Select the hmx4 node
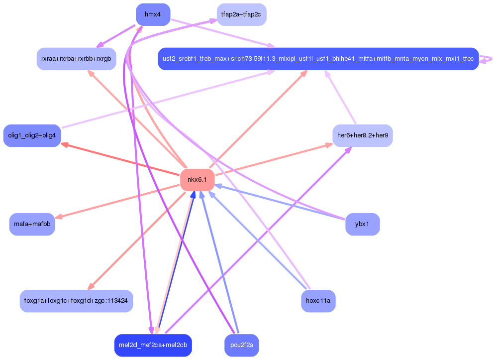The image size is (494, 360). [x=153, y=14]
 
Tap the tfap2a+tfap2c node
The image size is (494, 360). [x=241, y=14]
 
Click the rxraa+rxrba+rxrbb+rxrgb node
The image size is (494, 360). [x=76, y=59]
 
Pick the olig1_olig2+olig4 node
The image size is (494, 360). [x=32, y=135]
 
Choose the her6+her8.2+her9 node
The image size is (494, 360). [x=362, y=135]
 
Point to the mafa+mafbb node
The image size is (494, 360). [x=32, y=224]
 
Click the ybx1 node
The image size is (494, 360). [x=362, y=224]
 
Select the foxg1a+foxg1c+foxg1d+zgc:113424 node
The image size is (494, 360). [x=76, y=301]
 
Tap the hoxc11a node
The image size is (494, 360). [x=318, y=301]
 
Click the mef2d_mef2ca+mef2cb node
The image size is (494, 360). [x=153, y=345]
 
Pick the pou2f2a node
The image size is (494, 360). [x=241, y=345]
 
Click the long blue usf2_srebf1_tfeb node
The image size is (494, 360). [x=318, y=59]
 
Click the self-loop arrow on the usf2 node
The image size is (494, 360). [x=487, y=59]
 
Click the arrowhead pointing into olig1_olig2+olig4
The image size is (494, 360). [x=64, y=144]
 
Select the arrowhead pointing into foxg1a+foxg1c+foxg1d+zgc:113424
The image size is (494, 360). [x=90, y=287]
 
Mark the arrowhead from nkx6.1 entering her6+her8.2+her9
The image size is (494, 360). [x=329, y=145]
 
